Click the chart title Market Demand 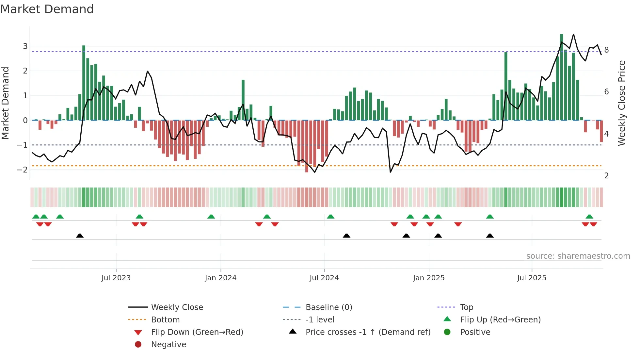click(x=47, y=9)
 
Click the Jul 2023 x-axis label click(x=116, y=278)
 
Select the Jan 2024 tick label click(x=220, y=278)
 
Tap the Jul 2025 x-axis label click(x=532, y=278)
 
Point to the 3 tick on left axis click(x=25, y=46)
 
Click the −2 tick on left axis click(x=23, y=170)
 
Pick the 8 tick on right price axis click(x=606, y=50)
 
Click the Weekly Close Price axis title click(x=622, y=103)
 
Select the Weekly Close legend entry click(x=177, y=307)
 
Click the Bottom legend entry click(x=165, y=320)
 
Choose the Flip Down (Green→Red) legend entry click(x=197, y=332)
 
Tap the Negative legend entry click(x=168, y=345)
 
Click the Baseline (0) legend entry click(x=329, y=307)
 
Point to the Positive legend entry click(x=475, y=332)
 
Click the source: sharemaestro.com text click(x=578, y=256)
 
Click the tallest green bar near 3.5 click(x=562, y=77)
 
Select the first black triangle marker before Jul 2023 click(x=80, y=236)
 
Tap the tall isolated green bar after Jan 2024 click(x=243, y=100)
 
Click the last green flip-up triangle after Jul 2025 click(x=589, y=217)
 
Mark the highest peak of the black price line click(x=573, y=34)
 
